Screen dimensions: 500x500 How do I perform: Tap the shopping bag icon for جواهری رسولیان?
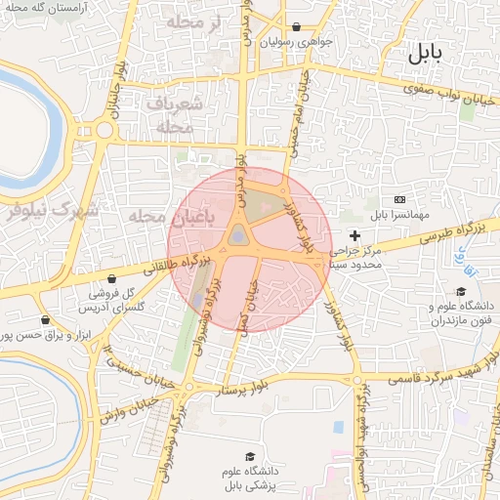[296, 27]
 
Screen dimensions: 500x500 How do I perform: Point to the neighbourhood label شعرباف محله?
[178, 114]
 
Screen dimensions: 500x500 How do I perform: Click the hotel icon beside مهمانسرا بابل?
[398, 198]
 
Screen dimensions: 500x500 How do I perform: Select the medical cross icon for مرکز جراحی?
[354, 235]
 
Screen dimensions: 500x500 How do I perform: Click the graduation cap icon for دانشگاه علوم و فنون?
[461, 291]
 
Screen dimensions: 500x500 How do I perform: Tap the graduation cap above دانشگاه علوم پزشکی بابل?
[249, 457]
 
